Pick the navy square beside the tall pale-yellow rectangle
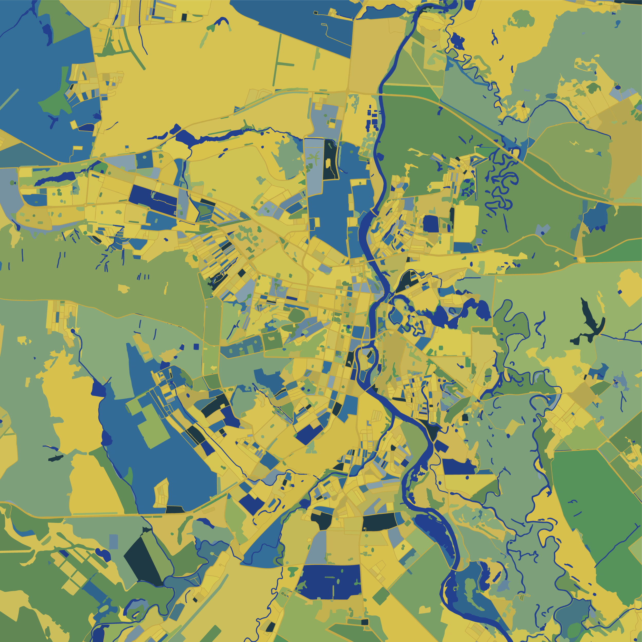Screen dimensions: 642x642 (x=431, y=224)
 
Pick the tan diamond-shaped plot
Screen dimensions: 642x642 (x=583, y=394)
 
